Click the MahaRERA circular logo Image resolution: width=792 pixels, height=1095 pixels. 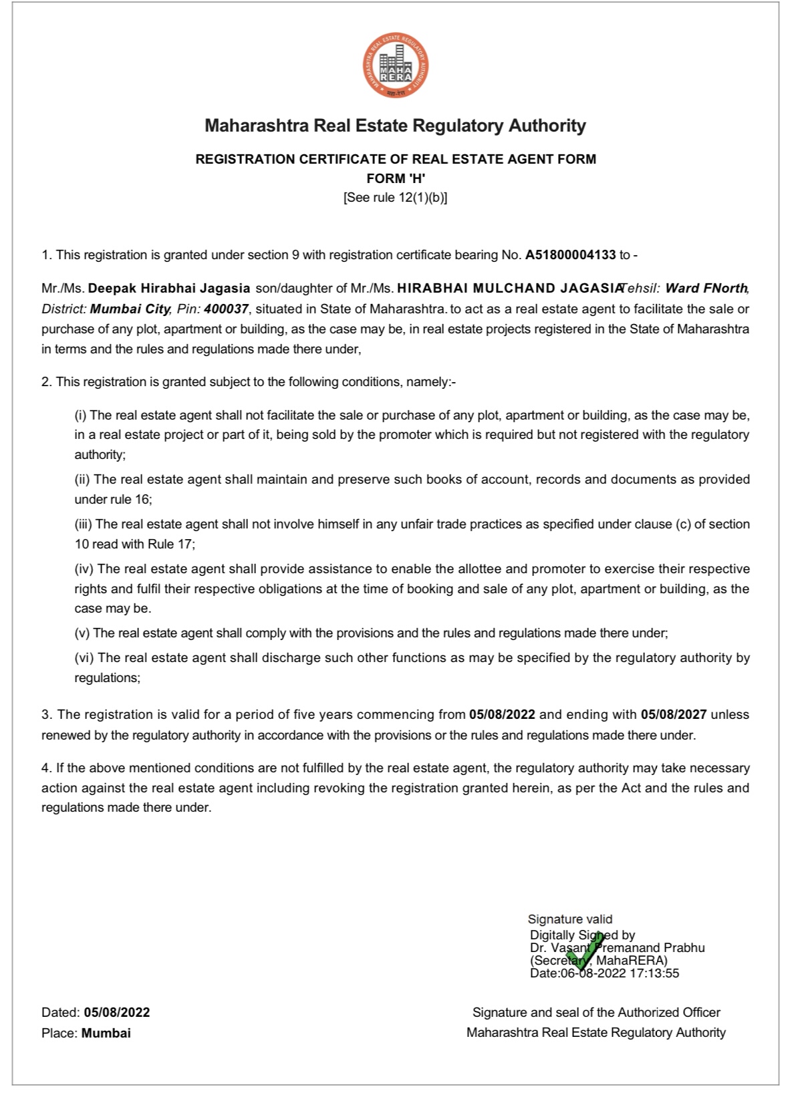coord(396,65)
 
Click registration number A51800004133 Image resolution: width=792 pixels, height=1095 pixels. coord(570,255)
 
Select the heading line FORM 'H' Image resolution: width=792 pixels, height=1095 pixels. coord(396,178)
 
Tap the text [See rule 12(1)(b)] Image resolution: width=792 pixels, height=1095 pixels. coord(396,198)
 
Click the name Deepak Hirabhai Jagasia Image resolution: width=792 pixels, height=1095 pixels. coord(169,289)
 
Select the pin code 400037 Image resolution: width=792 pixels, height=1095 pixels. coord(226,309)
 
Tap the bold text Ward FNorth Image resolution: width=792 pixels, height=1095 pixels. coord(706,289)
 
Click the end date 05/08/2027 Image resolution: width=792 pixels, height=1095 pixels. coord(673,715)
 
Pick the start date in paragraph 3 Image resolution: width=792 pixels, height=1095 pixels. coord(502,715)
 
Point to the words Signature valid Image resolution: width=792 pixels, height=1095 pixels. coord(570,919)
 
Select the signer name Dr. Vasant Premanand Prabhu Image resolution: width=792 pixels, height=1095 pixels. coord(618,948)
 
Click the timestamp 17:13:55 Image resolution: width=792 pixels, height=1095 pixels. coord(654,973)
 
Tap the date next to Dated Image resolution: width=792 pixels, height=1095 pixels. coord(117,1013)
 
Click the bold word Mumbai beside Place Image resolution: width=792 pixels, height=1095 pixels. coord(106,1034)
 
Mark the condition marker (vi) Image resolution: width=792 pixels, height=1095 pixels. coord(84,658)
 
